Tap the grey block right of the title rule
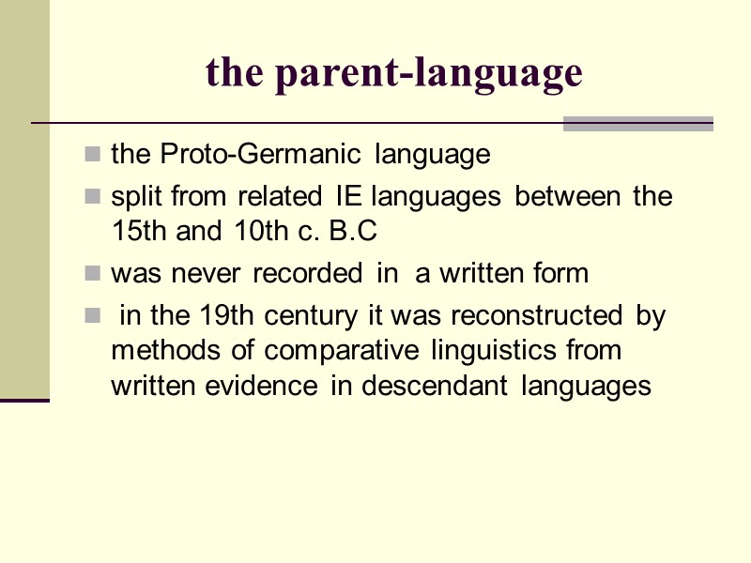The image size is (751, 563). [638, 123]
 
